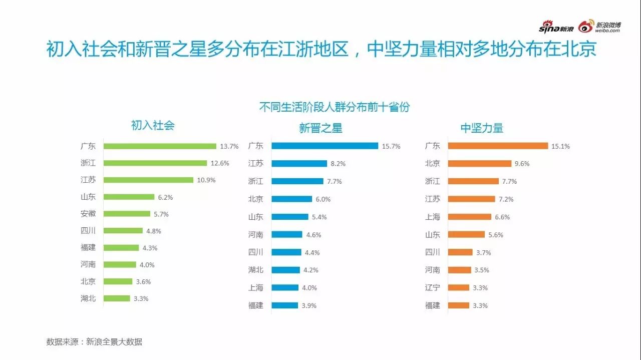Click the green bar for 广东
tap(160, 146)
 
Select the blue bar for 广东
tap(325, 146)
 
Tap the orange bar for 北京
tap(479, 163)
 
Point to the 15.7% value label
tap(391, 146)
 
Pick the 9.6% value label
tap(522, 164)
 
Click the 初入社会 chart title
tap(153, 125)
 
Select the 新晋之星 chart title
tap(320, 128)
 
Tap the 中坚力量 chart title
tap(482, 128)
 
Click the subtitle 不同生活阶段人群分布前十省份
tap(334, 107)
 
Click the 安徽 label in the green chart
tap(88, 213)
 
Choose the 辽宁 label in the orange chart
tap(432, 287)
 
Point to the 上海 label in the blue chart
tap(255, 287)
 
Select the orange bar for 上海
tap(469, 217)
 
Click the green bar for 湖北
tap(117, 298)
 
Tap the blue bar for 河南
tap(287, 234)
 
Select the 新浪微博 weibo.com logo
tap(600, 27)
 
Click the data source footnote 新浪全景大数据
tap(94, 342)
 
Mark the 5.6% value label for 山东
tap(496, 235)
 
